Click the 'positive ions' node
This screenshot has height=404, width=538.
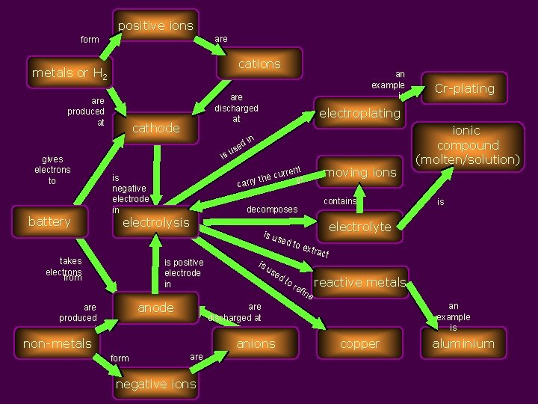[155, 25]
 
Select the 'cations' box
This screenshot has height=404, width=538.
[259, 64]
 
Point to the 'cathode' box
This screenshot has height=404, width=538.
[155, 128]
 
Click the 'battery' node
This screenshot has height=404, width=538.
[49, 221]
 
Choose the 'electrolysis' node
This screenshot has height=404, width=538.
[155, 222]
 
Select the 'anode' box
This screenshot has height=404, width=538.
[155, 307]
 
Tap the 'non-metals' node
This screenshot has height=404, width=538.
[58, 343]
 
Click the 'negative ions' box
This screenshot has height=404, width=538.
[155, 384]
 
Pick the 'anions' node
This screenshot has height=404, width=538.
[256, 343]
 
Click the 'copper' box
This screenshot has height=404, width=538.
[359, 343]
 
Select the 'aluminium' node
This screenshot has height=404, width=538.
[463, 343]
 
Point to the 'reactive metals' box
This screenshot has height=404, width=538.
[360, 282]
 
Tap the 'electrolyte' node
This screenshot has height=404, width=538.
[360, 227]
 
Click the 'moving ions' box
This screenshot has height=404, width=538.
[360, 172]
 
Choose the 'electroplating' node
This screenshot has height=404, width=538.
[360, 114]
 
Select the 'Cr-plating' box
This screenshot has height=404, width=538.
[464, 88]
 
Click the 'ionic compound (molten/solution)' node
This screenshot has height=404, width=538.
[468, 145]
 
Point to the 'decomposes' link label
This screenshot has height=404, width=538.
[272, 209]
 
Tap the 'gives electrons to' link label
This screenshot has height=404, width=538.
[52, 170]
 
